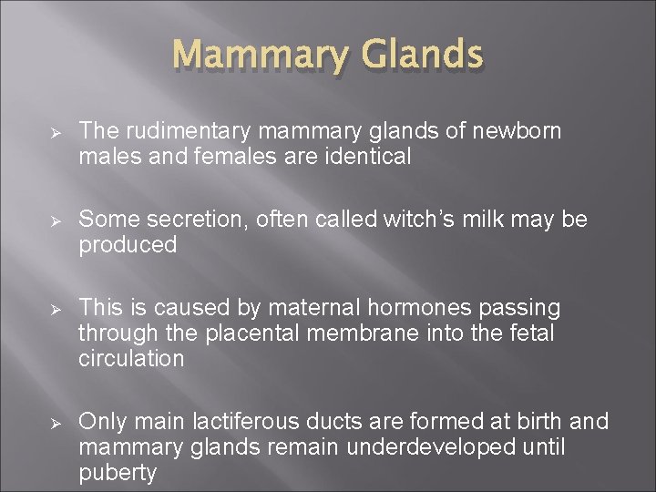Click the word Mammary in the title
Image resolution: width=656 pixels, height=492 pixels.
[x=244, y=56]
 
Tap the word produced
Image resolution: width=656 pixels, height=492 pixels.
[x=128, y=244]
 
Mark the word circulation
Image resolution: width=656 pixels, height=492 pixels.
[x=131, y=357]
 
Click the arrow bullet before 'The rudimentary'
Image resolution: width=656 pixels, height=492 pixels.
[x=55, y=133]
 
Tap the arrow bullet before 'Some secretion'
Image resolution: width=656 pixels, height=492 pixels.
[x=55, y=220]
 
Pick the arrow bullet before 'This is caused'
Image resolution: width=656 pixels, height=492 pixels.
[x=55, y=309]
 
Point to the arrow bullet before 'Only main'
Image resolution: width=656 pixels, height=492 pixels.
[x=55, y=422]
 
